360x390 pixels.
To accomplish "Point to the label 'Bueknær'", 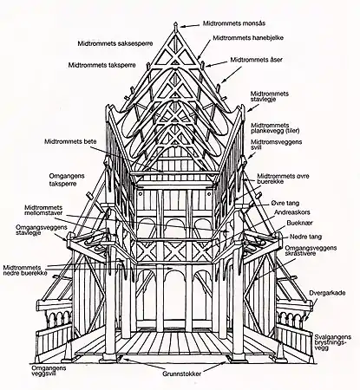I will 300,222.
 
